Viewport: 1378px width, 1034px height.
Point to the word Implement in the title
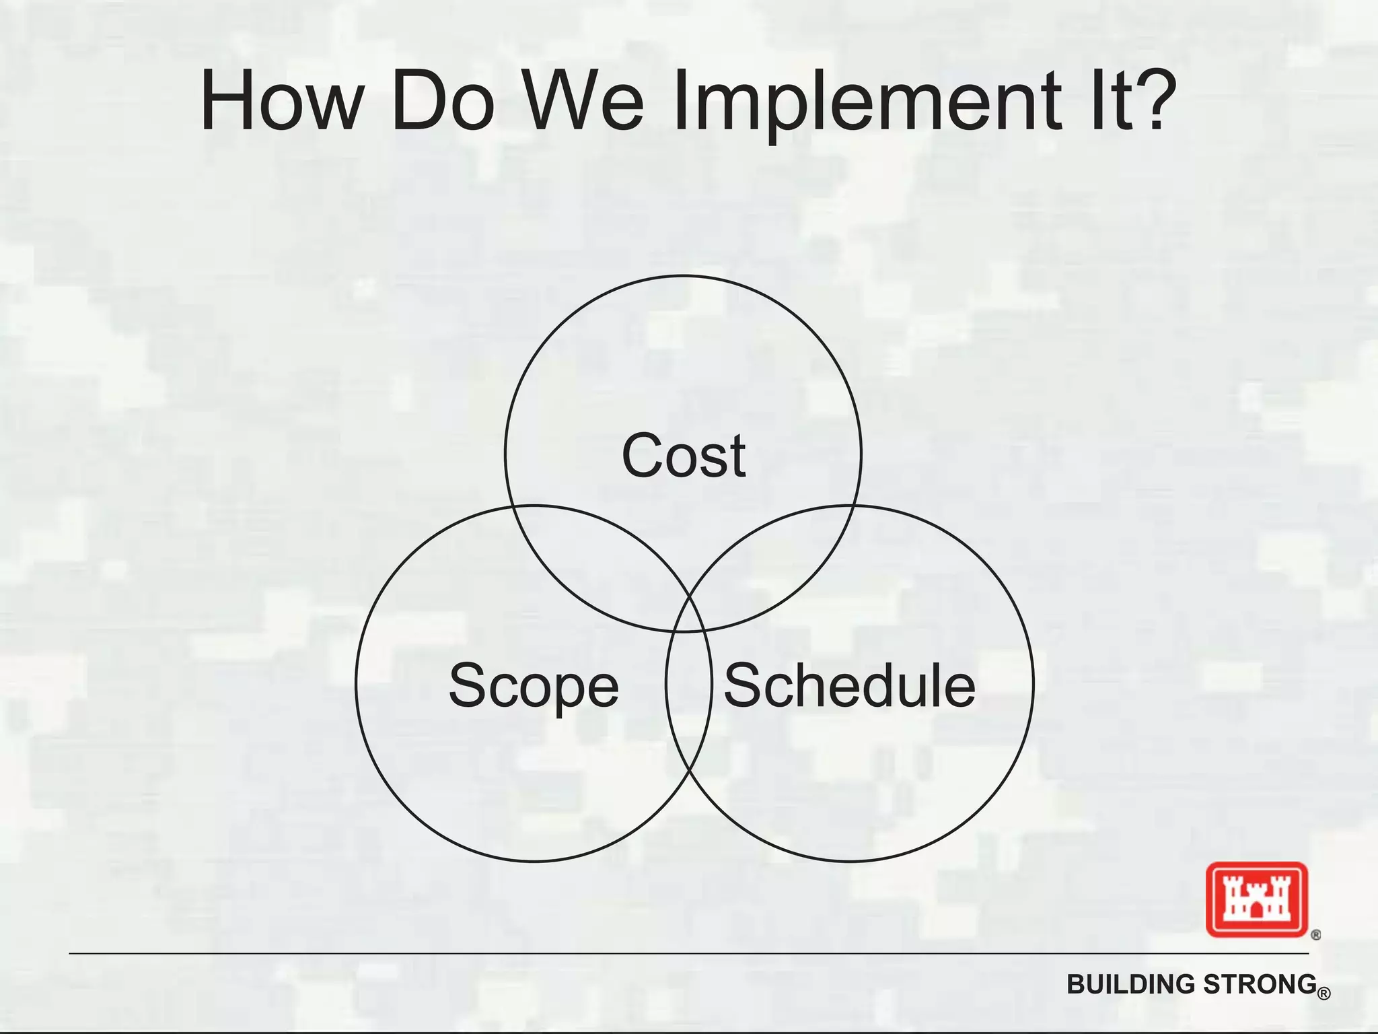tap(867, 102)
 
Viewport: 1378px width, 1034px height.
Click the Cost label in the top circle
tap(684, 456)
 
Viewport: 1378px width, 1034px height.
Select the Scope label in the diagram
tap(534, 685)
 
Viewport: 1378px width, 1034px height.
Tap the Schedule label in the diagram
tap(849, 685)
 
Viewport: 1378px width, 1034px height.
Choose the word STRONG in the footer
tap(1260, 984)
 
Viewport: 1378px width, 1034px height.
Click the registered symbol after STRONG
tap(1323, 994)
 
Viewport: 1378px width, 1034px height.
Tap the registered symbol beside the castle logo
tap(1316, 935)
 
